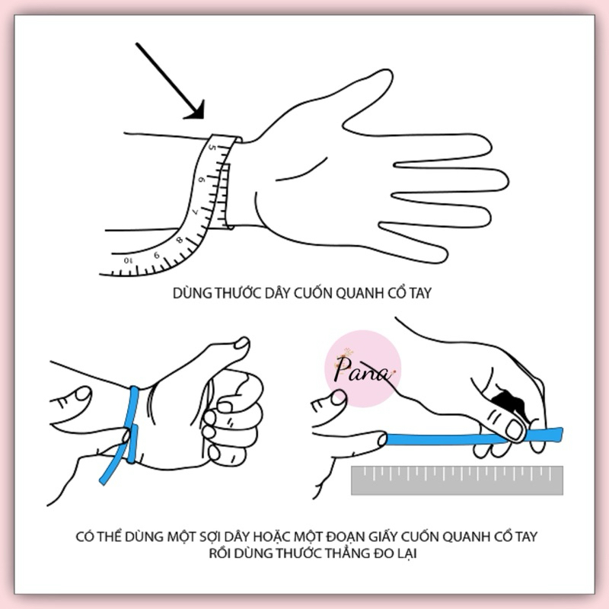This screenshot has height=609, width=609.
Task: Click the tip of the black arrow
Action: (202, 118)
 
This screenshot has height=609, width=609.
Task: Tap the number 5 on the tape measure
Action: (212, 148)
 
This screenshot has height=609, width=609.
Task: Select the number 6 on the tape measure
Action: (202, 180)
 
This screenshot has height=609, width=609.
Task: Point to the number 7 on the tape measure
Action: (196, 212)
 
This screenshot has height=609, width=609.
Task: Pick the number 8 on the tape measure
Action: (180, 240)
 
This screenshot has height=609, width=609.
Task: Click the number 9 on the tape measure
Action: (157, 255)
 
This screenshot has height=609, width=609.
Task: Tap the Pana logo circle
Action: (362, 368)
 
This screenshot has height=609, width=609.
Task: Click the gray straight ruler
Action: (458, 480)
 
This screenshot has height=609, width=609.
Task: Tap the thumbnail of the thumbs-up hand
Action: (242, 343)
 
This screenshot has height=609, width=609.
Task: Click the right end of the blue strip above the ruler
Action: (562, 434)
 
